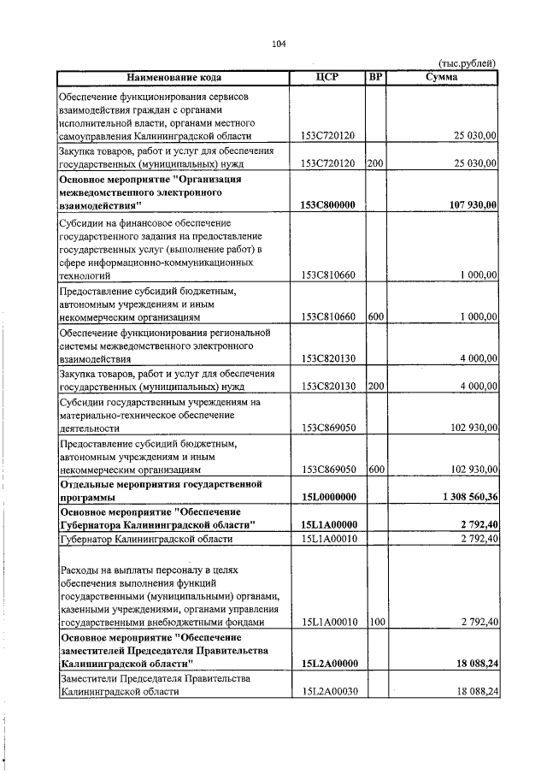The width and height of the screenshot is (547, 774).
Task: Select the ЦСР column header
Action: click(x=327, y=77)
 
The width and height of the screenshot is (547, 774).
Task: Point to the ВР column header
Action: click(x=375, y=77)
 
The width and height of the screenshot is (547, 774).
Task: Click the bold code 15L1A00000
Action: click(x=328, y=524)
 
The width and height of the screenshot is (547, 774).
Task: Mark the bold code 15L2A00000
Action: click(x=328, y=664)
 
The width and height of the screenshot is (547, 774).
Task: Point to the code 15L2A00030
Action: click(x=328, y=691)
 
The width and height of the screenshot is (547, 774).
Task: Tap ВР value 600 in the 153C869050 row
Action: click(x=375, y=469)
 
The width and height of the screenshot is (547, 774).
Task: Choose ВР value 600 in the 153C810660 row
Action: click(x=375, y=316)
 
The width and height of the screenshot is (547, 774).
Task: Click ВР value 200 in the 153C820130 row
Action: click(x=375, y=386)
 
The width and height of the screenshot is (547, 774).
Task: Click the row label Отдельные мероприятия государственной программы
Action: click(x=171, y=490)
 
